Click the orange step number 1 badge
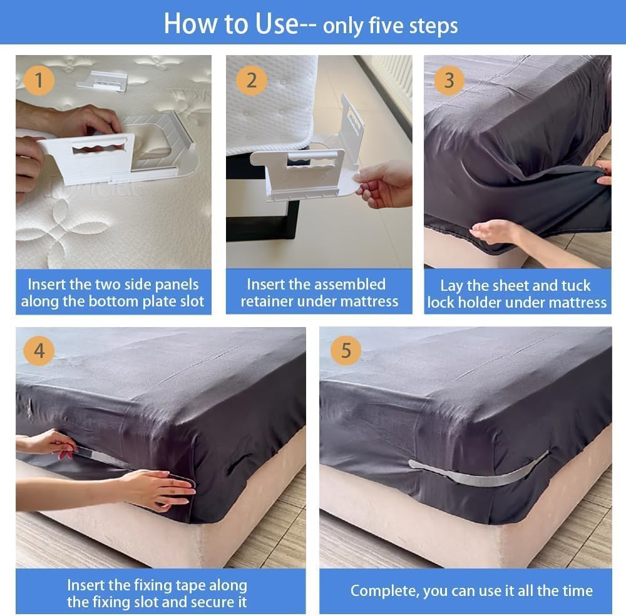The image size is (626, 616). coord(39,80)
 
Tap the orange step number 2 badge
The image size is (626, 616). coord(251,80)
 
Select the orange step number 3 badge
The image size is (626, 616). coord(449,80)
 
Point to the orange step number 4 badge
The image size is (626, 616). coord(39,351)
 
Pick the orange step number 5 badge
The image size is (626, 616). coord(346,351)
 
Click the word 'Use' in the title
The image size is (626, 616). coord(276,24)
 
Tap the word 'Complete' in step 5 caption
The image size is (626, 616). coord(384,591)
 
